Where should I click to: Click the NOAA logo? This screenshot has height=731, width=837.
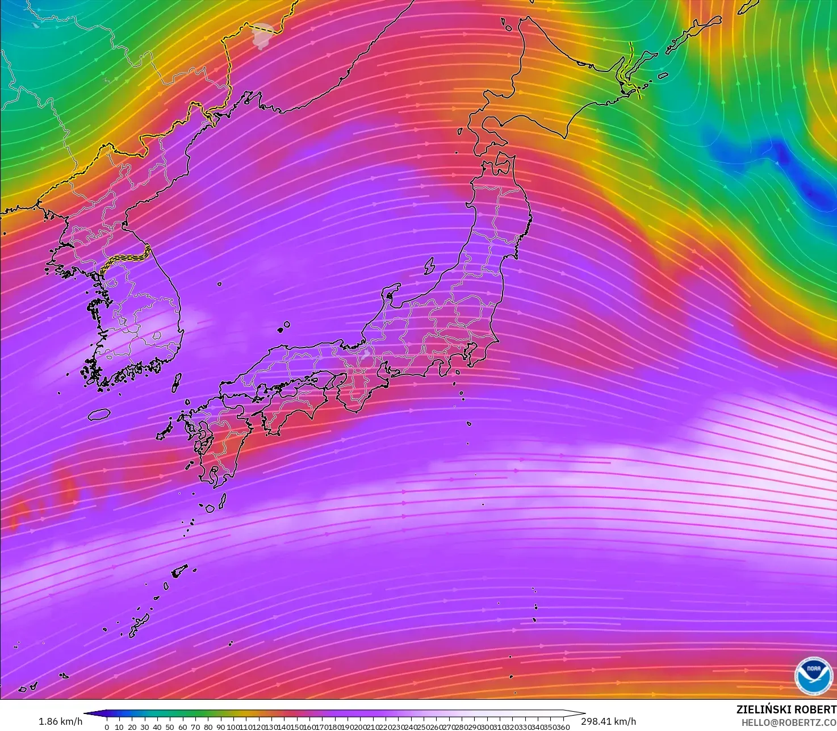814,676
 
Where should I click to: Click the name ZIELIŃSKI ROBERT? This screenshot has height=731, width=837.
786,709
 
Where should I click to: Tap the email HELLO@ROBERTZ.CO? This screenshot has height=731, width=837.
789,722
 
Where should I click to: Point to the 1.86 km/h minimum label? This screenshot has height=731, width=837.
60,721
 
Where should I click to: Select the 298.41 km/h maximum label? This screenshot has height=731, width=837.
608,721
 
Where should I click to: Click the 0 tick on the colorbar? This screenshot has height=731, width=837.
107,727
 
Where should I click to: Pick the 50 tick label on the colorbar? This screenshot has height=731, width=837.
170,727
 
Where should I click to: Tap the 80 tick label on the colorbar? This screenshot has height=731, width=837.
208,727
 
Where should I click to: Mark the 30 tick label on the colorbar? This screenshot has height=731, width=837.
145,727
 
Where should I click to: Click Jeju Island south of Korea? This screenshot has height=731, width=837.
99,414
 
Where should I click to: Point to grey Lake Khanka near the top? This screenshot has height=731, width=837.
262,34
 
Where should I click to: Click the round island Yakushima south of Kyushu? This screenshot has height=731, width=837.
210,508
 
